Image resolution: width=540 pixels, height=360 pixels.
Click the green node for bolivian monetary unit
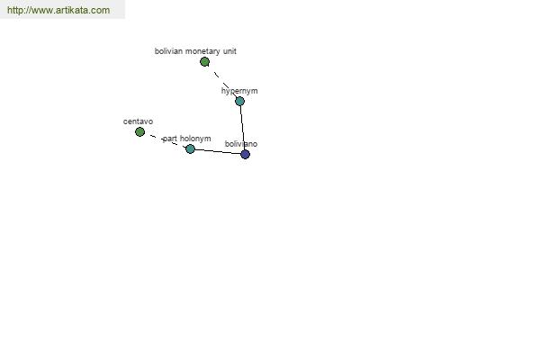pos(204,62)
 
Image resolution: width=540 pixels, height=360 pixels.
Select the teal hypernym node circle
pos(239,102)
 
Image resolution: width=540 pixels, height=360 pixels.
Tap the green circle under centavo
pos(139,132)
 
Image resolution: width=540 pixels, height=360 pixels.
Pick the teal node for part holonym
pos(190,149)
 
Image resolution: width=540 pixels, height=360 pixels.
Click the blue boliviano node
pos(245,154)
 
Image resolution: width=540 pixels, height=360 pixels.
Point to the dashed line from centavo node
pos(165,140)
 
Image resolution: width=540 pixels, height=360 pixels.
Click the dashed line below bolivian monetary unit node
pos(222,82)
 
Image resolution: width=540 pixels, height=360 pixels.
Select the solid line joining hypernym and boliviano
pos(242,128)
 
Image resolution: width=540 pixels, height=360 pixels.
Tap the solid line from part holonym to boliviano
pos(218,152)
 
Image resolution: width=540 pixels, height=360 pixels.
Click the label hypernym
pos(239,91)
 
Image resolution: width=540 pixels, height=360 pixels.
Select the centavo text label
pos(138,121)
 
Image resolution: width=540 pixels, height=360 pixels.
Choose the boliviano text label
pos(241,144)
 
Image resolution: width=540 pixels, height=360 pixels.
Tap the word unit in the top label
pos(229,51)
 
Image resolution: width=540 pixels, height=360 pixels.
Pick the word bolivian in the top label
pos(168,51)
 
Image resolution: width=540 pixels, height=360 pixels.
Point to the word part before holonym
pos(170,139)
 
